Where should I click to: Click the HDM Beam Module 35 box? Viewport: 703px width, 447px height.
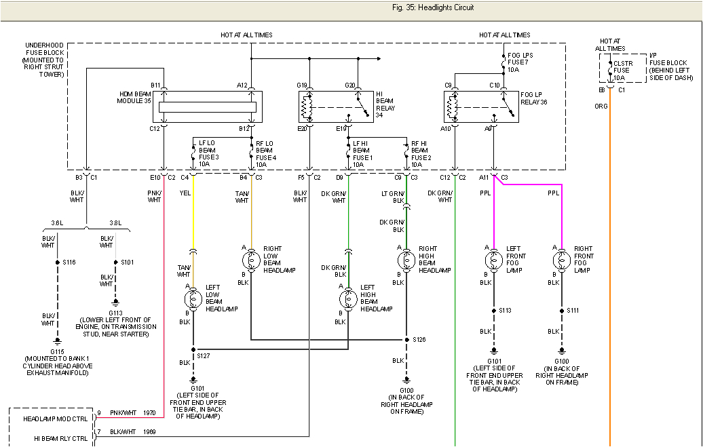207,106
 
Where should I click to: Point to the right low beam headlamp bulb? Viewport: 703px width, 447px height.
251,259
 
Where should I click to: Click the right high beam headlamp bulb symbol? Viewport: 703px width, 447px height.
406,259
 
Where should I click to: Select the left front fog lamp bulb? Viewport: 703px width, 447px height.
493,259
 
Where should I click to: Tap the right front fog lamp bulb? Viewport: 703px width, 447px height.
561,259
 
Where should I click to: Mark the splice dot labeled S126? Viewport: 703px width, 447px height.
406,339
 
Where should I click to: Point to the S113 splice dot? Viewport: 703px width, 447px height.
493,311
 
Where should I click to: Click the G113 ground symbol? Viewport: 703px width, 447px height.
115,303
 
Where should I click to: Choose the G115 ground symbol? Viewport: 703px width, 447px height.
57,343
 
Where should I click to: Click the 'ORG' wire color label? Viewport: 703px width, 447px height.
601,106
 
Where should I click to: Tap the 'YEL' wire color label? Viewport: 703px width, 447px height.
184,192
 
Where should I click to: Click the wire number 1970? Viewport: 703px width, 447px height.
150,412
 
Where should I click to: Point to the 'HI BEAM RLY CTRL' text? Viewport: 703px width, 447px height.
61,438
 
